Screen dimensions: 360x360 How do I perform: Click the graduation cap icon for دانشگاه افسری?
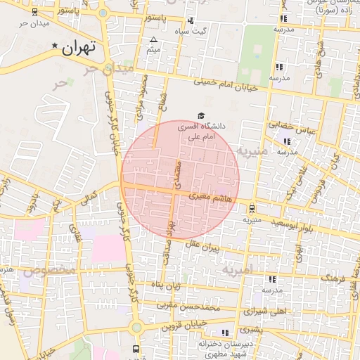[201, 115]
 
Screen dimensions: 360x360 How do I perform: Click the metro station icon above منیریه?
[252, 208]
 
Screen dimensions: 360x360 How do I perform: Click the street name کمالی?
[89, 200]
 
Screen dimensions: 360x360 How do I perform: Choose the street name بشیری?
[250, 329]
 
